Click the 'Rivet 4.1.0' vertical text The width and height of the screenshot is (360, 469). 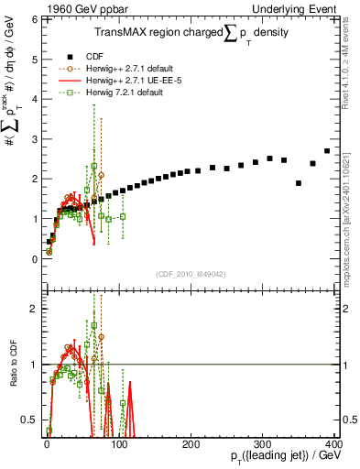tap(351, 64)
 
